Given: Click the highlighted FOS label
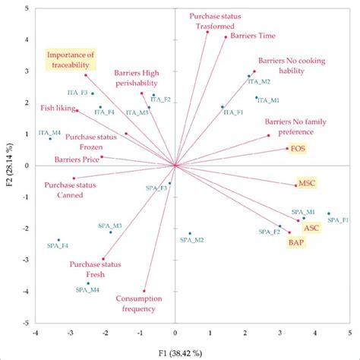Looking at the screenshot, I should [x=298, y=149].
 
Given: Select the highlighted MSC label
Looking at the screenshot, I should [x=306, y=183].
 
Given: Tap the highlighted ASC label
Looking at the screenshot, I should [x=311, y=227].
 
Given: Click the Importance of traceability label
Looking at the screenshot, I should [x=71, y=60].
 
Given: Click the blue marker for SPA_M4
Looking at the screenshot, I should [x=88, y=283].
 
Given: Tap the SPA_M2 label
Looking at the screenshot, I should [x=191, y=240].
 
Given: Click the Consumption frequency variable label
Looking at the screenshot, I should [x=137, y=304].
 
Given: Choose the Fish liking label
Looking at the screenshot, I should [x=55, y=108].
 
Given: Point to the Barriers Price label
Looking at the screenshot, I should [x=76, y=159].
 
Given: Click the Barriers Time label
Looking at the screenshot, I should [x=243, y=34].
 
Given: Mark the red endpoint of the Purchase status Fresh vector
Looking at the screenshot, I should [x=124, y=258].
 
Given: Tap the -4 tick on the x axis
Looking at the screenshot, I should [x=35, y=333].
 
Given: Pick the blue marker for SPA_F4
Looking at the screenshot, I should [x=58, y=240].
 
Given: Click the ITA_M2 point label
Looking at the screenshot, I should [x=258, y=81].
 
